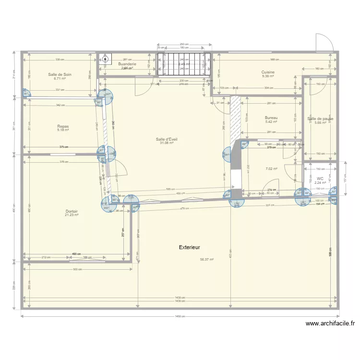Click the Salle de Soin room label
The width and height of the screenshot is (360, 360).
coord(60,74)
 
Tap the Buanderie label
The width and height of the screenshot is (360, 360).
coord(127,64)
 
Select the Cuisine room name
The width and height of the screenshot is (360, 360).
coord(268,72)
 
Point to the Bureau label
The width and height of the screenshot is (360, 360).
coord(271,118)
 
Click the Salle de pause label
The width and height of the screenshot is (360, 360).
coord(321,119)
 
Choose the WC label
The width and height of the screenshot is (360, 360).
coord(320,178)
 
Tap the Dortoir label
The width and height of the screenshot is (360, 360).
coord(72,211)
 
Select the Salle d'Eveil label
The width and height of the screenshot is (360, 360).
coord(166,139)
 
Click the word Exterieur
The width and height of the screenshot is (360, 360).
coord(189,247)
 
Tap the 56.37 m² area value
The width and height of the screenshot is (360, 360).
coord(207,260)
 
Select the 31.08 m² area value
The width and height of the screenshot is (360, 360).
coord(166,143)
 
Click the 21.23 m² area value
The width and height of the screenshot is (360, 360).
coord(72,215)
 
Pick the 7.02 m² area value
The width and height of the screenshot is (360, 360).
coord(272,169)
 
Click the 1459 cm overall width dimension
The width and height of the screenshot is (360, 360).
coord(180,316)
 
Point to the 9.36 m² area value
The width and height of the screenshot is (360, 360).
coord(268,76)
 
